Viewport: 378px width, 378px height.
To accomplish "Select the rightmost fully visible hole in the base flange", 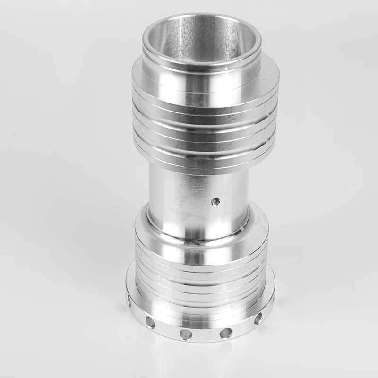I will pos(258,318).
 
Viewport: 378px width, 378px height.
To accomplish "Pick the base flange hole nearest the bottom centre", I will pos(186,334).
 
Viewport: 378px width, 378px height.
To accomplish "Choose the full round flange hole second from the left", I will pos(150,322).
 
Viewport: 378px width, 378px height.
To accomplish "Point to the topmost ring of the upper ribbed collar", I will pos(203,90).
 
